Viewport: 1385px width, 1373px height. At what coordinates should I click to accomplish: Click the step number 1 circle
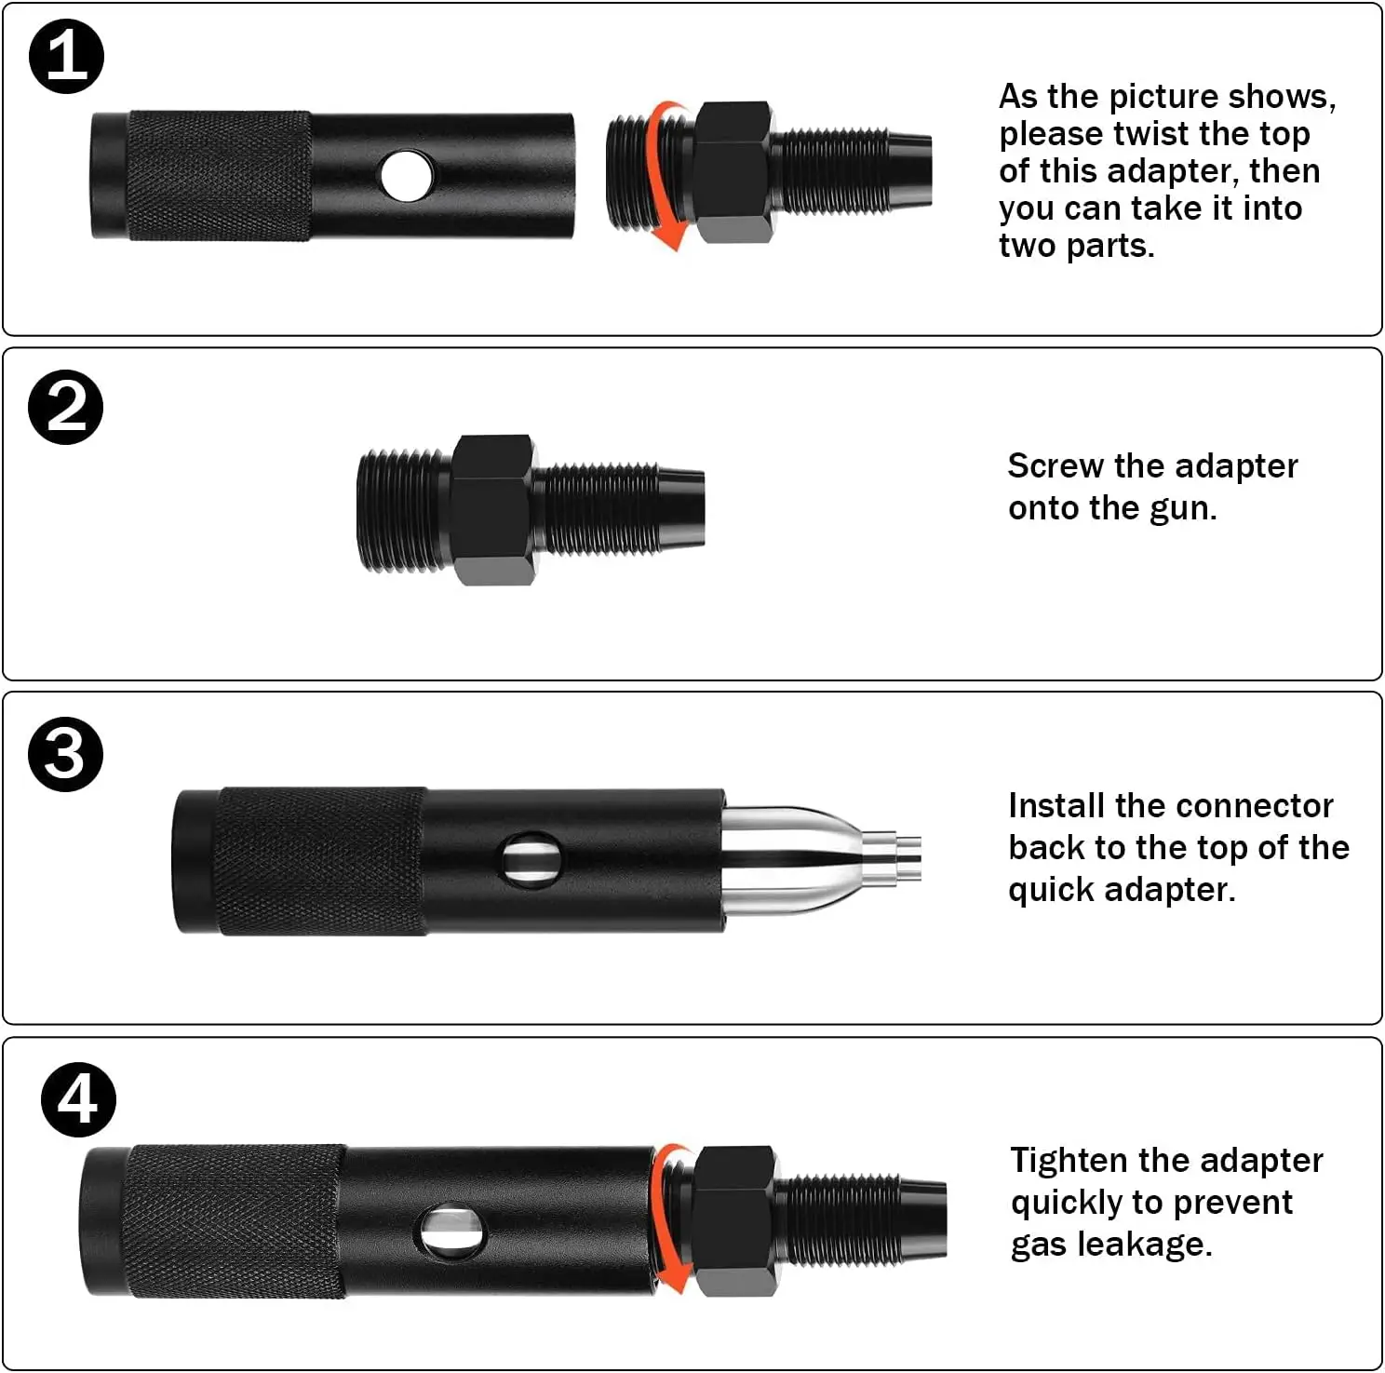coord(66,57)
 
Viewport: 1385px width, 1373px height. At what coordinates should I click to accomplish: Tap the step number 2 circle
coord(65,407)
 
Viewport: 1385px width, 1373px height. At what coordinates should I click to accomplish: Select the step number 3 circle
coord(65,754)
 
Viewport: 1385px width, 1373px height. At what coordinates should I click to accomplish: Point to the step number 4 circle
coord(78,1099)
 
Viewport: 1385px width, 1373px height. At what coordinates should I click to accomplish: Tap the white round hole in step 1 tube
coord(407,176)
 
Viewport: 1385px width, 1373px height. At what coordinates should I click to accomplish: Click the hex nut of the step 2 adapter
coord(493,508)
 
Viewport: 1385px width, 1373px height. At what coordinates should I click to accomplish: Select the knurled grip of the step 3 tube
coord(321,861)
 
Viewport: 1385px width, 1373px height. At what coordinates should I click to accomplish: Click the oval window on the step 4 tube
coord(452,1231)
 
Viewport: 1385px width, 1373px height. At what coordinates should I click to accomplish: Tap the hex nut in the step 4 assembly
coord(735,1220)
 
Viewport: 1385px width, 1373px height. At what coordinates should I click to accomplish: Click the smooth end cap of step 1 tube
coord(108,176)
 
